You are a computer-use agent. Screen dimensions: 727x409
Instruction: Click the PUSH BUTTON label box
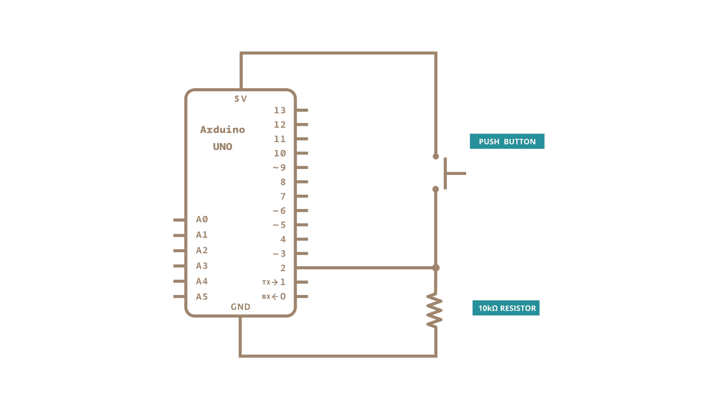click(x=507, y=141)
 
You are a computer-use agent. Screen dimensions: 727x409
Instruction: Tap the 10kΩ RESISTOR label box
click(x=506, y=308)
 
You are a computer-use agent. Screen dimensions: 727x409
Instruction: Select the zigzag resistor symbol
click(x=434, y=309)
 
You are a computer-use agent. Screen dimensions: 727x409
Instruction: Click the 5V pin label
click(x=240, y=99)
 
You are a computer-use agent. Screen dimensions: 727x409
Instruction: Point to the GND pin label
click(x=240, y=307)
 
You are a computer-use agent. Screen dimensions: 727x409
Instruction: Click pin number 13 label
click(x=280, y=110)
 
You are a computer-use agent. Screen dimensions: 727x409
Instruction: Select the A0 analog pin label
click(x=202, y=219)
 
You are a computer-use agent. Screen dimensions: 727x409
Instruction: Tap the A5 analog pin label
click(x=202, y=296)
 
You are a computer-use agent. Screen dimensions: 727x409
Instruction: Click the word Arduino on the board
click(x=222, y=130)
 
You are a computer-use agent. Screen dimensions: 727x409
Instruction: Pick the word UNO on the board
click(x=222, y=146)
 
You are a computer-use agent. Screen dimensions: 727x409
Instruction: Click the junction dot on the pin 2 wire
click(x=436, y=268)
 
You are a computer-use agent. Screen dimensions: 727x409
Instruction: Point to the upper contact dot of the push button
click(x=436, y=156)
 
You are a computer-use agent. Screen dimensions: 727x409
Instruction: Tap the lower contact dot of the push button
click(x=436, y=189)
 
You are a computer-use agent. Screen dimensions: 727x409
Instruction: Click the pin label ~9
click(x=279, y=168)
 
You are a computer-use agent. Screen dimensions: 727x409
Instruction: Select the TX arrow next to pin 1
click(x=274, y=282)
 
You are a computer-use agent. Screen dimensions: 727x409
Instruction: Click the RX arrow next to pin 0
click(x=274, y=296)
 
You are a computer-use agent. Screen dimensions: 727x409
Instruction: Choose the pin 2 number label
click(x=283, y=268)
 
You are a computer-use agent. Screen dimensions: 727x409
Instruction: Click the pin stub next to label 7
click(x=302, y=196)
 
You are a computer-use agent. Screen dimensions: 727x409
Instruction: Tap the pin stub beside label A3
click(x=179, y=266)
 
